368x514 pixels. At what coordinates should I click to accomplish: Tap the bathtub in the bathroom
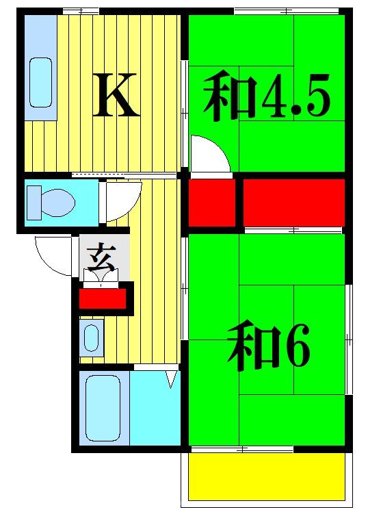point(103,408)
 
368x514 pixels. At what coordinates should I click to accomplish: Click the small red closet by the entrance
point(103,299)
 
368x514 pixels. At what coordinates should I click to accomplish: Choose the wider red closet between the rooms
point(293,203)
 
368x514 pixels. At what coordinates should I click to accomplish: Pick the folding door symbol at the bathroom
point(172,378)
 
